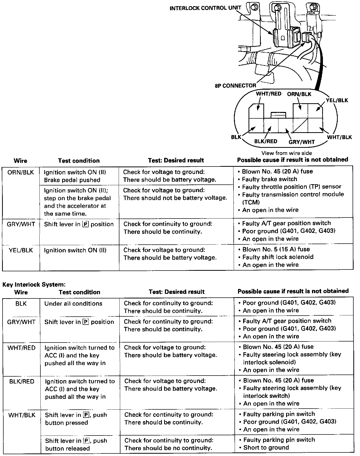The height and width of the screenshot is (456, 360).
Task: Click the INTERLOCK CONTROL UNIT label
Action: pyautogui.click(x=205, y=8)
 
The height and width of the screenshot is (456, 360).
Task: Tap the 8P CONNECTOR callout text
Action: pyautogui.click(x=235, y=86)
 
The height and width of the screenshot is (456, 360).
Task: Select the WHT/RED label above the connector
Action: pyautogui.click(x=268, y=94)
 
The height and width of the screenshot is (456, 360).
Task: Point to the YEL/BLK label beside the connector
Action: pyautogui.click(x=337, y=100)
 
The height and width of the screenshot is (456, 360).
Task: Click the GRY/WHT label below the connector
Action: pyautogui.click(x=302, y=142)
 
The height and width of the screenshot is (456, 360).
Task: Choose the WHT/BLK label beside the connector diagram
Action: pyautogui.click(x=340, y=137)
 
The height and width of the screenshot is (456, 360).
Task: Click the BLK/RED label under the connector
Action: pyautogui.click(x=266, y=141)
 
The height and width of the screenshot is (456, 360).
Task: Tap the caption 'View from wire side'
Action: pyautogui.click(x=286, y=153)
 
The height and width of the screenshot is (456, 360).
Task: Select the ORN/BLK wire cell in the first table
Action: pyautogui.click(x=21, y=172)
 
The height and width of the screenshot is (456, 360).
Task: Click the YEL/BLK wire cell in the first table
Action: pyautogui.click(x=21, y=250)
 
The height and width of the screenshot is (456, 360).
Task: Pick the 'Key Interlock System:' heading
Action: pyautogui.click(x=34, y=284)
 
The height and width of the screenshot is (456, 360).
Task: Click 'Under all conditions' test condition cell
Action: pyautogui.click(x=73, y=304)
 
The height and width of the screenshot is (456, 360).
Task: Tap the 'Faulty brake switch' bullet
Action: pyautogui.click(x=269, y=179)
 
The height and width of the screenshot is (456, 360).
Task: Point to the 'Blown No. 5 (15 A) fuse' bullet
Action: pyautogui.click(x=276, y=249)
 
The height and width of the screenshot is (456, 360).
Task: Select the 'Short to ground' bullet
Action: pyautogui.click(x=266, y=448)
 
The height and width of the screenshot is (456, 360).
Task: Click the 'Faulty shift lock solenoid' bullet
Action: pyautogui.click(x=278, y=257)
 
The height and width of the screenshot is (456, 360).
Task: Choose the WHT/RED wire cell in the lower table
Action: pyautogui.click(x=21, y=348)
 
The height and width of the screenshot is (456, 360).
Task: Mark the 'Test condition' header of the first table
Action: pyautogui.click(x=78, y=161)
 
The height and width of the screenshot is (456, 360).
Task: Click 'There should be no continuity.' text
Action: pyautogui.click(x=168, y=448)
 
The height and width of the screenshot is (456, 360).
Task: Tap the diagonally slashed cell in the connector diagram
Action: pyautogui.click(x=300, y=126)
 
